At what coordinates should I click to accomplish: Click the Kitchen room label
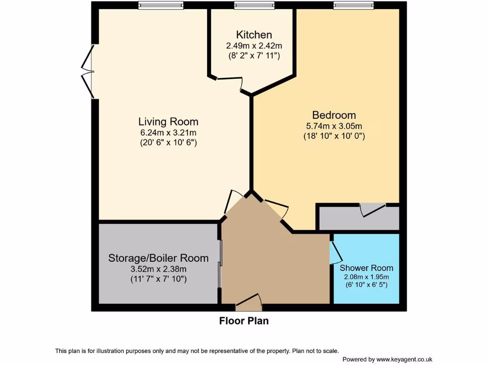pos(254,35)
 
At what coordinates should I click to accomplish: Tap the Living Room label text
pos(168,121)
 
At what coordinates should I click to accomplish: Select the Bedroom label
pos(334,115)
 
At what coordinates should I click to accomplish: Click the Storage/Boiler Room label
pos(158,258)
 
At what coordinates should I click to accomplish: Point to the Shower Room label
pos(366,268)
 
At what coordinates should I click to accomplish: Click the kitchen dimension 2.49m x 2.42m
pos(254,46)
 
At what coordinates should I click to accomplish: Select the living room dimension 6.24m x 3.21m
pos(168,132)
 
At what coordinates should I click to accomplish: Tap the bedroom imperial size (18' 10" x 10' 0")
pos(334,136)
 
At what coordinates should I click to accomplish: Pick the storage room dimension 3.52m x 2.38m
pos(158,269)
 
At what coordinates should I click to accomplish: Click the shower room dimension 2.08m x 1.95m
pos(366,277)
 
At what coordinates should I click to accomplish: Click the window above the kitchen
pos(254,5)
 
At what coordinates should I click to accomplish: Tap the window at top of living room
pos(161,5)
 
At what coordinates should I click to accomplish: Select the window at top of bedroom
pos(353,5)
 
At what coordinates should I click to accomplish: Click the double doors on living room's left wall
pos(87,72)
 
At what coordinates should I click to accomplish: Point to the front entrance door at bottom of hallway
pos(248,302)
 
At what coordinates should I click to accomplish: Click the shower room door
pos(335,252)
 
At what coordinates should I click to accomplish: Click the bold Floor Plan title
pos(243,321)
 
